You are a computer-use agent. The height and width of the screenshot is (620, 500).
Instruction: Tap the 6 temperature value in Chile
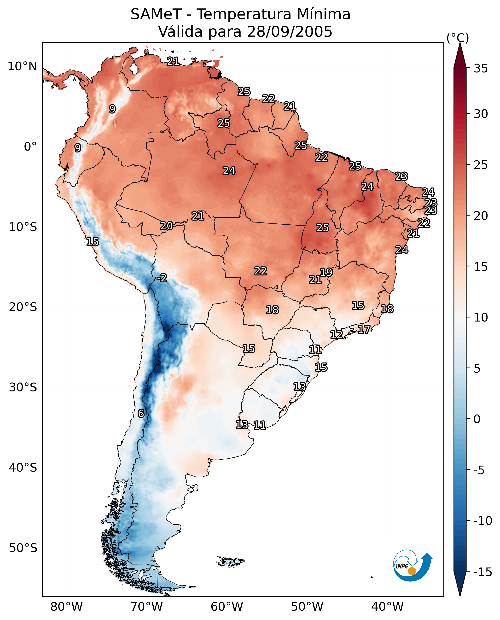click(141, 413)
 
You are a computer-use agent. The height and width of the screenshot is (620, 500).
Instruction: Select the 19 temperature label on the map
click(326, 272)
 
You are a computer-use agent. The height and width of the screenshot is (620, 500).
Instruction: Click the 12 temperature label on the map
click(336, 334)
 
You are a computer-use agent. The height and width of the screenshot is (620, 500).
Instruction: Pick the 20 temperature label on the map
click(167, 226)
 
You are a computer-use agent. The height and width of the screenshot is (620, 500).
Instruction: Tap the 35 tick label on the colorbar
click(481, 69)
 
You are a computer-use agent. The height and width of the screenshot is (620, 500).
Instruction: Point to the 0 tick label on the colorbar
click(477, 419)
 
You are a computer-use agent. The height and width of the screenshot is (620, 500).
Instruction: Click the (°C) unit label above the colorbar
click(458, 38)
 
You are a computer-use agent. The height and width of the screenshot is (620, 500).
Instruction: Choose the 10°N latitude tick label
click(22, 67)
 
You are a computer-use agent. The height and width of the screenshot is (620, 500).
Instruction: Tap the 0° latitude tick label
click(30, 147)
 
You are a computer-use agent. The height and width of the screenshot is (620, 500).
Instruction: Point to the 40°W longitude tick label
click(387, 607)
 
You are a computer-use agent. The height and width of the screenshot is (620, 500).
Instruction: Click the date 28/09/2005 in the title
click(290, 31)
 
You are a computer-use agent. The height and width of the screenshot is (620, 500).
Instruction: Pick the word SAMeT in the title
click(156, 14)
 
